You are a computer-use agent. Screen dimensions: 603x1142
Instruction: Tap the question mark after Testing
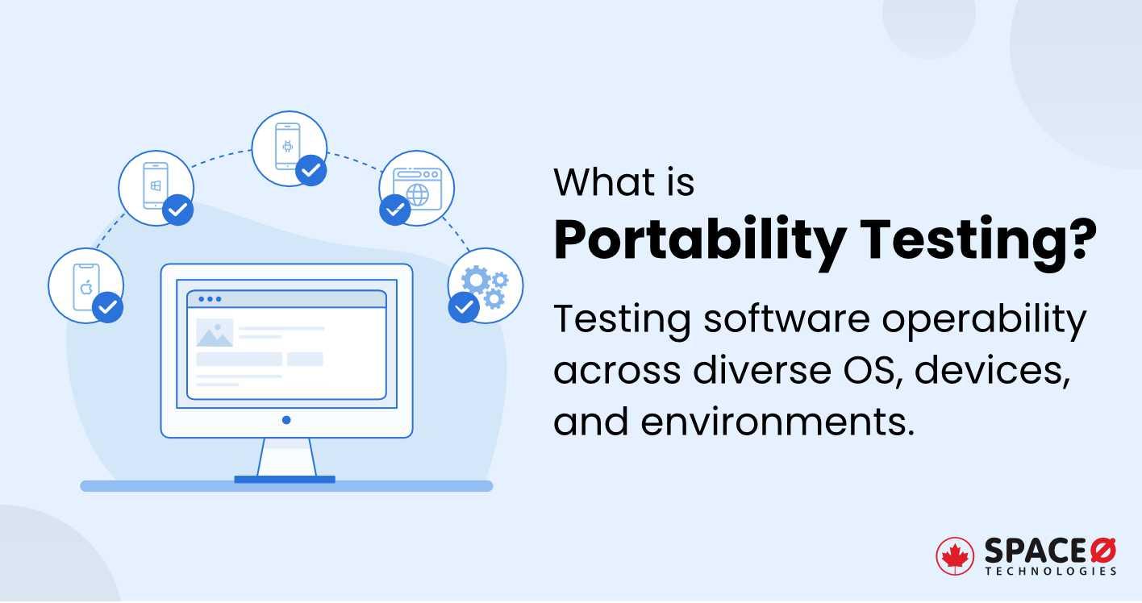(1080, 240)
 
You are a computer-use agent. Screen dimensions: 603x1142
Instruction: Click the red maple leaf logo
(955, 556)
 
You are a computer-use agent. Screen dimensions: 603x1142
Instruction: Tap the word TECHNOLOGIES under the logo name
(1050, 572)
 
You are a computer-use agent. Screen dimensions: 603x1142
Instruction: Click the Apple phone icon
(84, 287)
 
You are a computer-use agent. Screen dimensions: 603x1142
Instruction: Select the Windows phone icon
(155, 185)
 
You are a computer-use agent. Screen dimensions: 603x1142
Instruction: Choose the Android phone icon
(287, 146)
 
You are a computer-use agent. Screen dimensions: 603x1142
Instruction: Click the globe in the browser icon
(417, 194)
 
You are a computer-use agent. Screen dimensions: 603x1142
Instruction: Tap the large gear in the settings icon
(475, 280)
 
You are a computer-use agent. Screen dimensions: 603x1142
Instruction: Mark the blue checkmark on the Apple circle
(107, 307)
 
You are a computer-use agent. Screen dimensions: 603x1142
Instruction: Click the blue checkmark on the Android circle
(311, 170)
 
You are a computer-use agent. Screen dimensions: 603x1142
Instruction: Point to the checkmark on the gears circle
(463, 307)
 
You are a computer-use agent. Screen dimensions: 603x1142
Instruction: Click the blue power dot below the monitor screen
(286, 420)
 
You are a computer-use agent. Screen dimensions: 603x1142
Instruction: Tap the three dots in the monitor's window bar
(209, 299)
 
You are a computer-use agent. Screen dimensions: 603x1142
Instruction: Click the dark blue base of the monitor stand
(284, 480)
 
